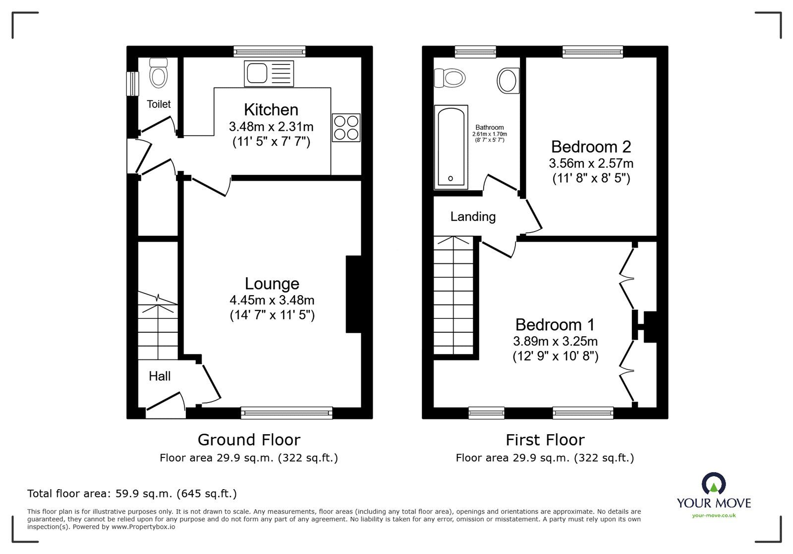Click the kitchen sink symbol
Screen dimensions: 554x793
pos(269,73)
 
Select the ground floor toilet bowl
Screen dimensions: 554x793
pos(159,74)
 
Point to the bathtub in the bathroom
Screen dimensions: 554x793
pos(451,147)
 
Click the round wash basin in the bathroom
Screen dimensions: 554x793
pos(508,81)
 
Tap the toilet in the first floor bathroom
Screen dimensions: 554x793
pos(450,78)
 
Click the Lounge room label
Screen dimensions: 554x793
pos(272,284)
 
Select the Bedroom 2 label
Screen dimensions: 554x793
pos(591,147)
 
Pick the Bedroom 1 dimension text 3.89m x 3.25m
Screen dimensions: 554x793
pos(555,341)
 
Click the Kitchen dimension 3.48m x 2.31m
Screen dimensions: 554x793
pos(271,127)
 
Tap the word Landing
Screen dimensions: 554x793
pos(473,216)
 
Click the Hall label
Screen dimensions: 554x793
pos(160,376)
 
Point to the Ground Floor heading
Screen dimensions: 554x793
pos(249,440)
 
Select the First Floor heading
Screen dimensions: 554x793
pos(545,440)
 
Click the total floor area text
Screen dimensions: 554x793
pos(132,494)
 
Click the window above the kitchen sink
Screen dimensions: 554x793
pos(269,50)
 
